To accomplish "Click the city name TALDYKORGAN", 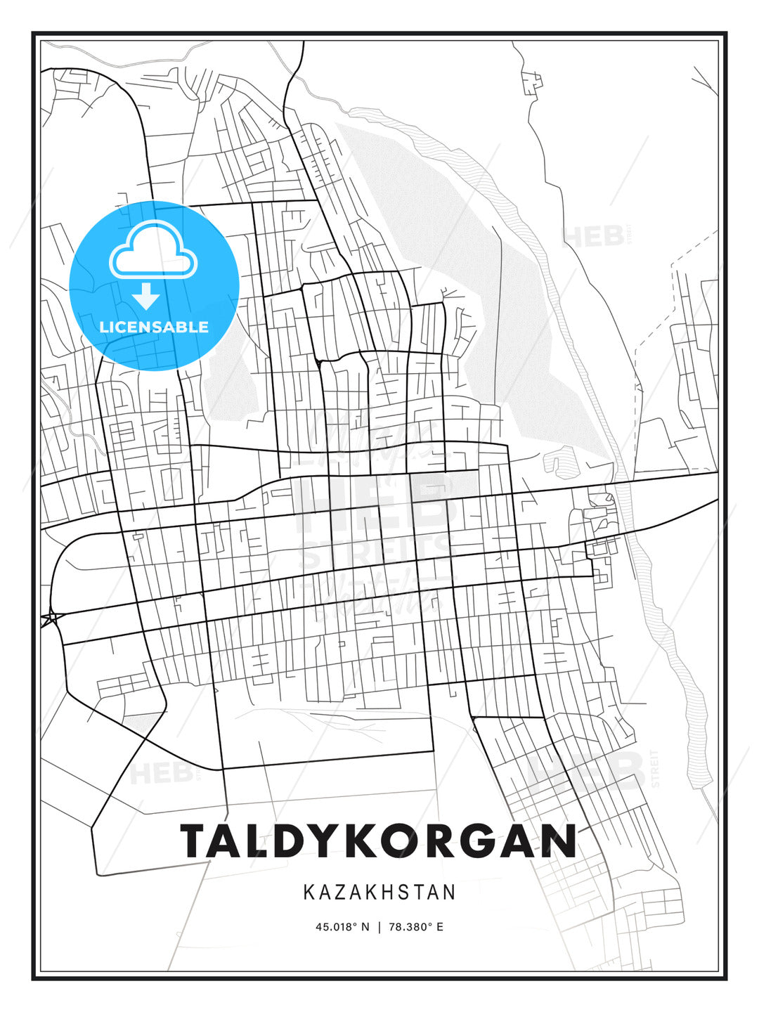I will [x=378, y=841].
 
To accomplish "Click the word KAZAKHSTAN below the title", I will [x=379, y=893].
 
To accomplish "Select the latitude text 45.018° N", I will [x=342, y=926].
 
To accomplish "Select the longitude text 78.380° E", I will [x=416, y=926].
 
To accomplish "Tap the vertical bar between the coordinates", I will [x=379, y=926].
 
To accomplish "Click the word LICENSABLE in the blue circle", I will [x=154, y=327].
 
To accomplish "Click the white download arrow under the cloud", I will [x=146, y=296].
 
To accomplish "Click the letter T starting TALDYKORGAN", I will [x=195, y=841].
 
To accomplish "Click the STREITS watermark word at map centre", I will [x=376, y=552].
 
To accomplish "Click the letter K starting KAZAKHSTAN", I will [x=309, y=893].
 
